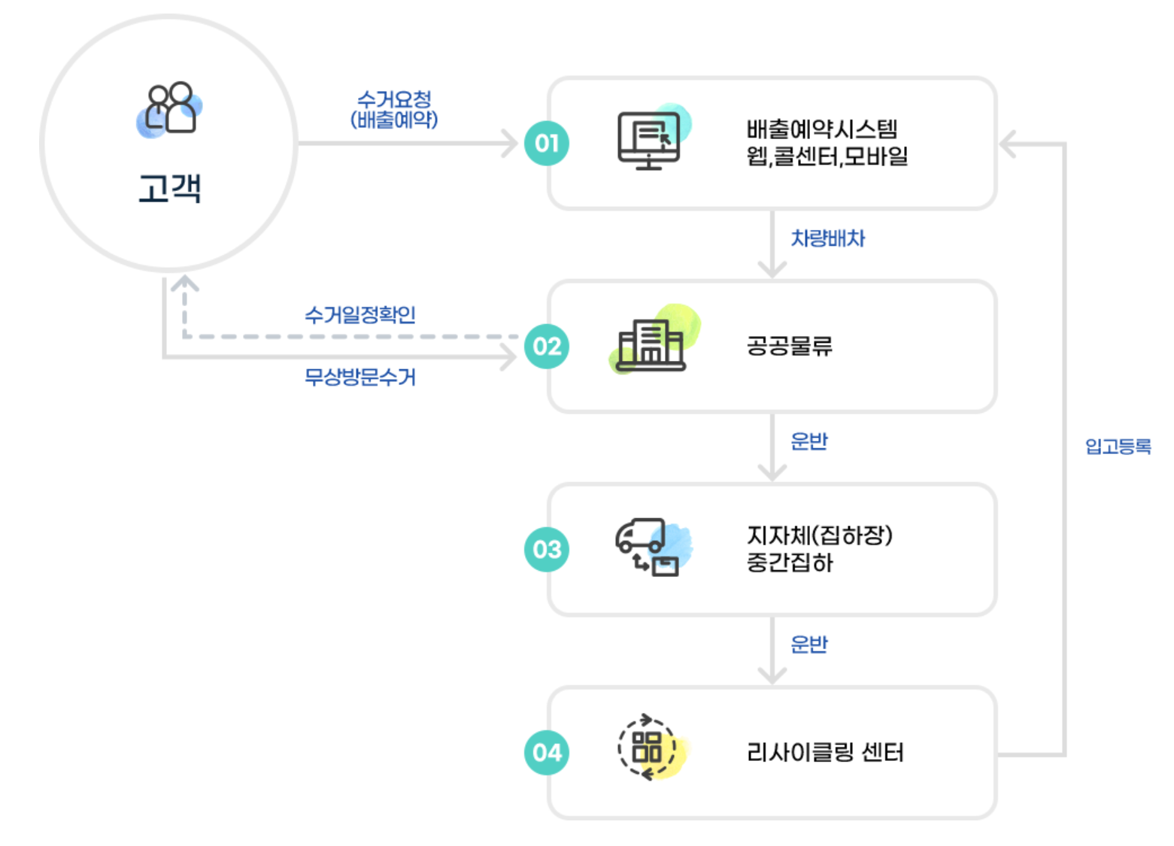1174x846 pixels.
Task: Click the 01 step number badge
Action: coord(547,143)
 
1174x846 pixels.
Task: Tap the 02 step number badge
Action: coord(547,346)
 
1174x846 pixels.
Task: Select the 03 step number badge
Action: coord(547,549)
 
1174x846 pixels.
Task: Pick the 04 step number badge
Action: coord(547,752)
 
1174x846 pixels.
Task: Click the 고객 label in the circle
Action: coord(170,188)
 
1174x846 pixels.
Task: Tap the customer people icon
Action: coord(170,109)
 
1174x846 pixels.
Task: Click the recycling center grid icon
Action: coord(647,747)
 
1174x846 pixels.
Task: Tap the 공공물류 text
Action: coord(790,346)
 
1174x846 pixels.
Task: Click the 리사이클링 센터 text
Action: coord(825,752)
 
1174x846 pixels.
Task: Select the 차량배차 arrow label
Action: coord(828,238)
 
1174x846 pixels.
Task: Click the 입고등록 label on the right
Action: coord(1118,447)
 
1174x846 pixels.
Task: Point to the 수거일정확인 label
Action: coord(360,314)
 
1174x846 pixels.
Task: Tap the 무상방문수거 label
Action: coord(360,377)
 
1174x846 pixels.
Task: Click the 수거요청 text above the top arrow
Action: coord(394,99)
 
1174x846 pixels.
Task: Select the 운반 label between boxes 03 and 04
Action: coord(809,644)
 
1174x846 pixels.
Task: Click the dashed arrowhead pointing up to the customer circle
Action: coord(184,284)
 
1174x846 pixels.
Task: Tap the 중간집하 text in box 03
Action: coord(790,562)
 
